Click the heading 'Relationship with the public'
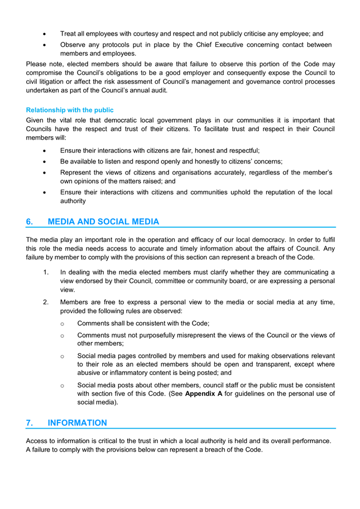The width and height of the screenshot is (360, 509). pos(70,110)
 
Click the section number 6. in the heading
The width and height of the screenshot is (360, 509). pos(30,222)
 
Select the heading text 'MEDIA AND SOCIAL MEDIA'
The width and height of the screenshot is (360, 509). pos(103,222)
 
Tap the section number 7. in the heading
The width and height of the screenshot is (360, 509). pos(30,422)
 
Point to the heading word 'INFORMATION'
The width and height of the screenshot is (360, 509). pos(78,422)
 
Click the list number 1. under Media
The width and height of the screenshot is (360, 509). pos(46,272)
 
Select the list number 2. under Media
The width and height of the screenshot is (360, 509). pos(46,302)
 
